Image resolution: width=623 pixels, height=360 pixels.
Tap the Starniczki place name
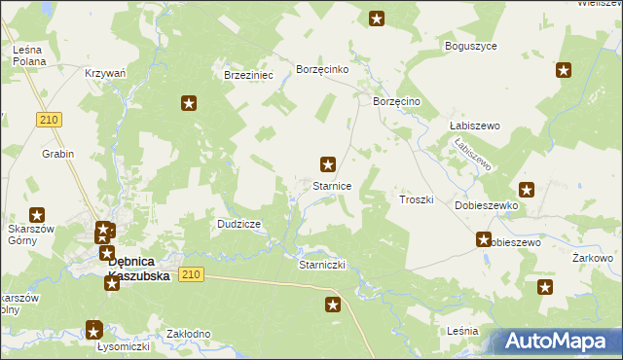[321, 265]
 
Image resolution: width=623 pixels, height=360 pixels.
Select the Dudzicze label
[238, 224]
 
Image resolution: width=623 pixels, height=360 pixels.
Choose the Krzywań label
[105, 73]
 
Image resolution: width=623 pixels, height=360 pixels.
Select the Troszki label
[416, 198]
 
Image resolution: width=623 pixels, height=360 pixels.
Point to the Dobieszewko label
[487, 206]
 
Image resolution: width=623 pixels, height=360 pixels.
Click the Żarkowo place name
[592, 258]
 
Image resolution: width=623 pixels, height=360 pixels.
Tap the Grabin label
[57, 154]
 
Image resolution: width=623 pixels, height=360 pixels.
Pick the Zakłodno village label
[189, 334]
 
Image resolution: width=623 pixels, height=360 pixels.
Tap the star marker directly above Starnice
[329, 164]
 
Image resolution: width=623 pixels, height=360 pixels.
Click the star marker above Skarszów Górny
[37, 215]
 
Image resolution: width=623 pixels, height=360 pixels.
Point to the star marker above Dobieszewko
[527, 190]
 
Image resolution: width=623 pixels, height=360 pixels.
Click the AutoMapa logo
[559, 342]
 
